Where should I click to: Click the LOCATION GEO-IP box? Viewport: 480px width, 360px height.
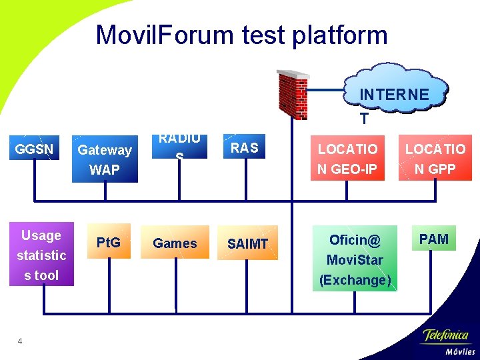pos(347,159)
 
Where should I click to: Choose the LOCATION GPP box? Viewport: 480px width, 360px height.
pos(435,159)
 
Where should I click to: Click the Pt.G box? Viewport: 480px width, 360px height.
pos(108,243)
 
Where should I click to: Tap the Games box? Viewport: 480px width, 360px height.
pos(175,243)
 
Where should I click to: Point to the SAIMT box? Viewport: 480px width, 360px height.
pos(247,244)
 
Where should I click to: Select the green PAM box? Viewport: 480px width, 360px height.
pos(434,239)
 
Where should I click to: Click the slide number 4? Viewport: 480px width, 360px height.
pos(20,342)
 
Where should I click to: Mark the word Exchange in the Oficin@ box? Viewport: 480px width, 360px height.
pos(355,280)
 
